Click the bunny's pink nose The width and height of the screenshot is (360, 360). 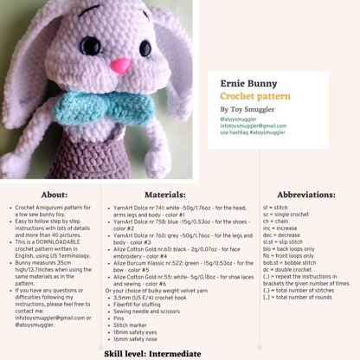coord(123,66)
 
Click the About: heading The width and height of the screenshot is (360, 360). coord(54,196)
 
